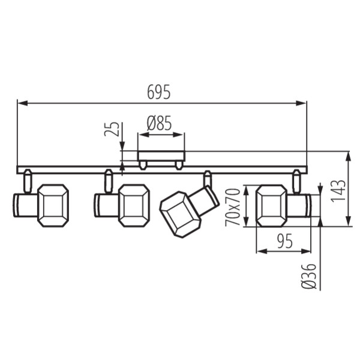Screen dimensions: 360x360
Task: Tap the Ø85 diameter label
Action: coord(159,124)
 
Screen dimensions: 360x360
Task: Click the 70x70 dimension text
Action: coord(233,206)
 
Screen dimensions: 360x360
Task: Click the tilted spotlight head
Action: coord(178,214)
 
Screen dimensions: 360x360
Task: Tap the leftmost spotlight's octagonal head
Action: coord(53,205)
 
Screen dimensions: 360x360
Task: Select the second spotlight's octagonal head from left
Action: coord(134,205)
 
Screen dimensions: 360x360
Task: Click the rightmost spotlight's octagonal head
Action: coord(271,205)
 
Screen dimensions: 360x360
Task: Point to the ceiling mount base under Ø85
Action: coord(161,159)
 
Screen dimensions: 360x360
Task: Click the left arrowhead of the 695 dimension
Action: coord(20,103)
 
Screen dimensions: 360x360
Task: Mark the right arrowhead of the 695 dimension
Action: coord(304,103)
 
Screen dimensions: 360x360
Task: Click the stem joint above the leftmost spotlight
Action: coord(28,180)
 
